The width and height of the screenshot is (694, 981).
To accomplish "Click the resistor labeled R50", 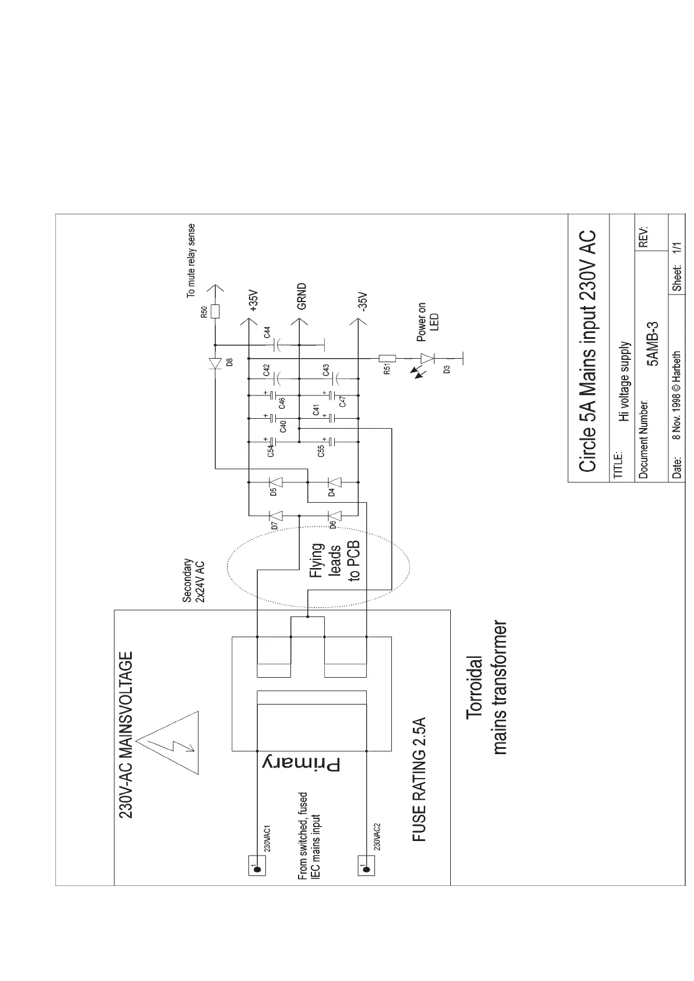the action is pos(215,310).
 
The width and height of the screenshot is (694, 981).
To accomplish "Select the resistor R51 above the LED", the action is pos(388,358).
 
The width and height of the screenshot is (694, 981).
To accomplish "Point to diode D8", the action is pos(215,364).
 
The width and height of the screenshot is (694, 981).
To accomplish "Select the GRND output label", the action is pos(301,296).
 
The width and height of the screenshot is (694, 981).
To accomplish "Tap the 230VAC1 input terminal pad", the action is pos(256,865).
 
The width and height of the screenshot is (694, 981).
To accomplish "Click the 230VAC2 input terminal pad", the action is pos(366,865).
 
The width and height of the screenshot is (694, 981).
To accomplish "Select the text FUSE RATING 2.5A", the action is pos(419,779).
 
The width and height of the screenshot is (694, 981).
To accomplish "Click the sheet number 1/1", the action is pos(677,247).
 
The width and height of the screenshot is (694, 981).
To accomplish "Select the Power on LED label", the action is pos(427,322).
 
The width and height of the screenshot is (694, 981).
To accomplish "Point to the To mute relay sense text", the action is pos(191,261).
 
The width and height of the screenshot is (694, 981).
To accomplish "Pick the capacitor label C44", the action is pos(267,332).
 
